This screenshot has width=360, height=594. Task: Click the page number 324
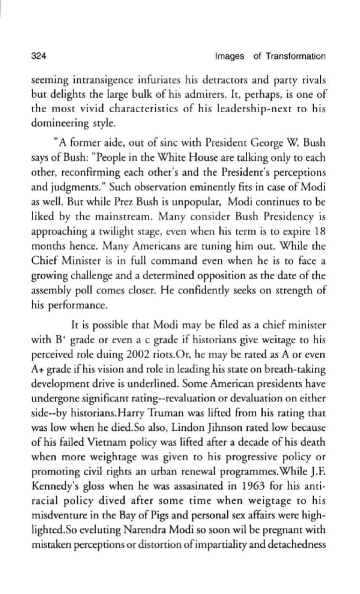[38, 57]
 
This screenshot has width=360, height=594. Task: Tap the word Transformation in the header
[295, 57]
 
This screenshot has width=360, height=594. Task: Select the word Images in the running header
[230, 57]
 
